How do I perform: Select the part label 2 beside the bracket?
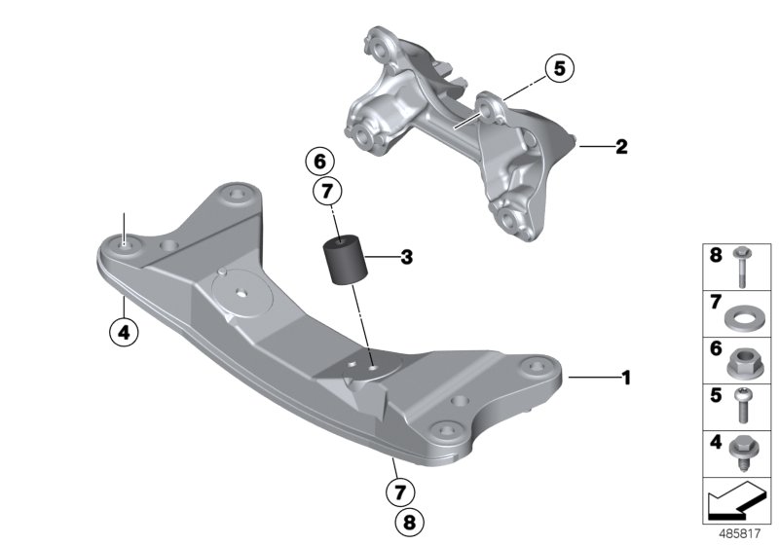620,148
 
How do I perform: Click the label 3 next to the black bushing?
406,258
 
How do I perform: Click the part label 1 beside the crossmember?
627,376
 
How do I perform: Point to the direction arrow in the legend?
735,503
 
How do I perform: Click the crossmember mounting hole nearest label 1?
533,368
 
